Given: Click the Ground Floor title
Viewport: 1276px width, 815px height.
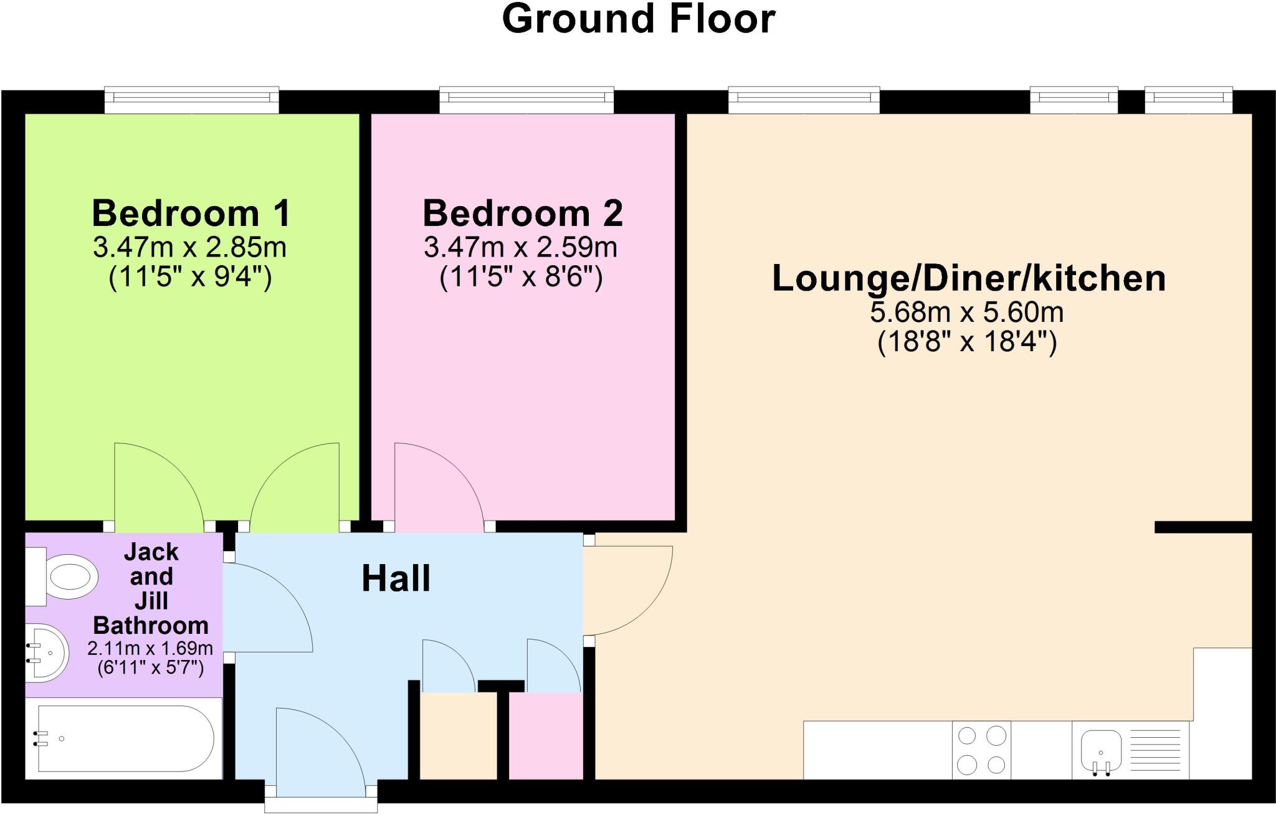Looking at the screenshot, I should coord(638,19).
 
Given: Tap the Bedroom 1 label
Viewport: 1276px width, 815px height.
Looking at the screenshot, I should coord(191,213).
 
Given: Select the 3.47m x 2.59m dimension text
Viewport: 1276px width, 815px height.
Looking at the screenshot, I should coord(520,248).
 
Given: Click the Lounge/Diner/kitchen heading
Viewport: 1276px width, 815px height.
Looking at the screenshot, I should coord(968,278).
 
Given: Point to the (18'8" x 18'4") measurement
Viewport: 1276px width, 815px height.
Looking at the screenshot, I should coord(967,342).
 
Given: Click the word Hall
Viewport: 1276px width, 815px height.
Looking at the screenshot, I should coord(396,578).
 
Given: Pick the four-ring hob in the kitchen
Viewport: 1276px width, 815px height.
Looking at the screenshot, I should coord(981,750).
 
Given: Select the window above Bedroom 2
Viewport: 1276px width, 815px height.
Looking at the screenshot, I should coord(526,100).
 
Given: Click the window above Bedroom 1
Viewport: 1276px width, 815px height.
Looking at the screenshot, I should coord(191,100).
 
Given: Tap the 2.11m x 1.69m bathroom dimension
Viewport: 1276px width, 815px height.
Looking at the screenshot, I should coord(150,648).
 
